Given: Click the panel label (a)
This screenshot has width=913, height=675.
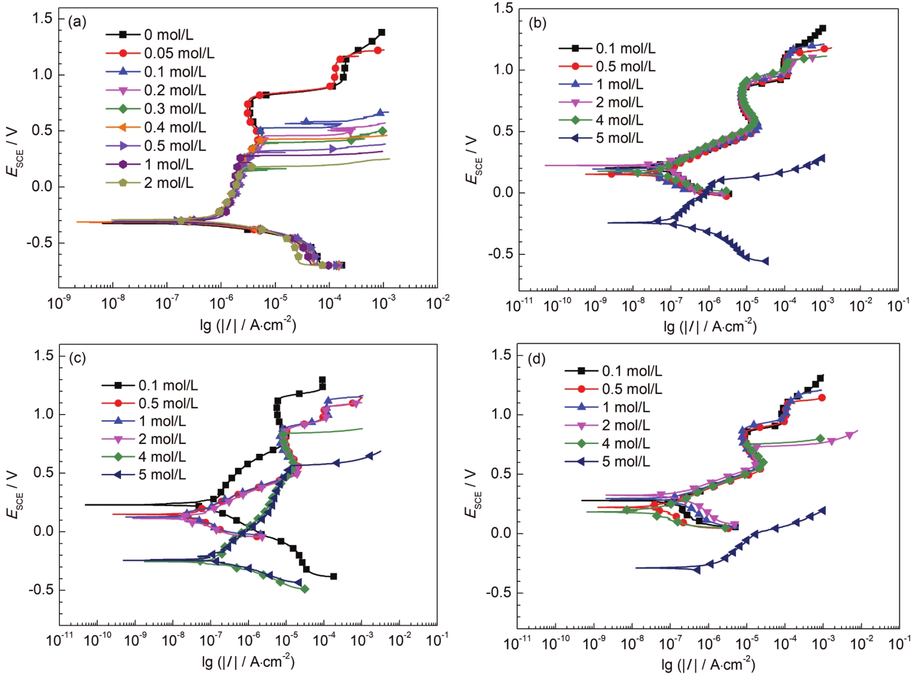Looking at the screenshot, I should coord(77,22).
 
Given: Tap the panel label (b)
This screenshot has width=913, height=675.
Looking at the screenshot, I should coord(537,23).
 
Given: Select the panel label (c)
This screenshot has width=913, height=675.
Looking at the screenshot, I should coord(77,358).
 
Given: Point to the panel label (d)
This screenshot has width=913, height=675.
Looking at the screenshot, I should coord(537,359).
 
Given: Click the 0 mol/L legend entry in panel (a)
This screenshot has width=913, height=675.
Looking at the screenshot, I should coord(168,35).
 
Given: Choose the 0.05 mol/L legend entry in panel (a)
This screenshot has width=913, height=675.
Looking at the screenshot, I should coord(179,53).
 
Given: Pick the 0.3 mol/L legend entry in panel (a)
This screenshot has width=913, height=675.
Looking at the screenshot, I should coord(174,109).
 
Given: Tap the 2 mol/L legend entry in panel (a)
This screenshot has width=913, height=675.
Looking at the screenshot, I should coord(168,183).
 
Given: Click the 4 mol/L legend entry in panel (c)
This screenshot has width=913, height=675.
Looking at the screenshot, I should coord(162,457).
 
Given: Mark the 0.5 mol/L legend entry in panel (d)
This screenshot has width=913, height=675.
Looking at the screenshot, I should coord(632,389).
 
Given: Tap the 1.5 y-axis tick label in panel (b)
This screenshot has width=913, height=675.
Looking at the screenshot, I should coord(503,8).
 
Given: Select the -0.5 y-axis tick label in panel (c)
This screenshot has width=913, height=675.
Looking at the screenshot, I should coord(41,590).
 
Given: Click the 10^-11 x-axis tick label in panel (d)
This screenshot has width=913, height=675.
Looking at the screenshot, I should coord(518,643).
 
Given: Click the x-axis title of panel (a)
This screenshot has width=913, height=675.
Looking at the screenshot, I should coord(248,325).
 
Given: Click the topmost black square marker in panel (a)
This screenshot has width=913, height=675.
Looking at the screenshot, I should coord(382,33).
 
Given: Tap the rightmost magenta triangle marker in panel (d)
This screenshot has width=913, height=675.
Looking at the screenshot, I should coord(849,435).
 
